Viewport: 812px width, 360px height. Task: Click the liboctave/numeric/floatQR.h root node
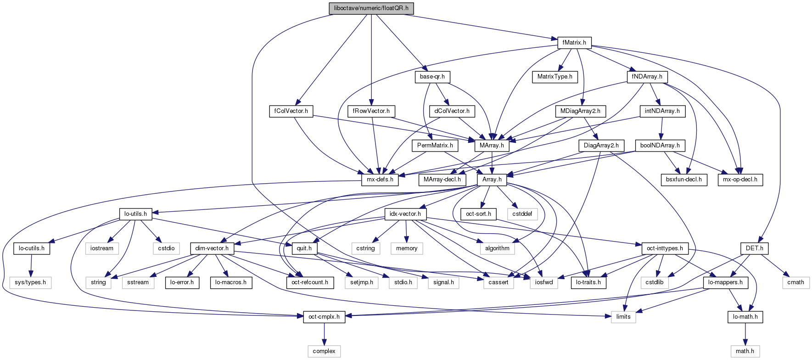tap(371, 8)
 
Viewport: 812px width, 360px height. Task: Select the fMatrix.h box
tap(574, 43)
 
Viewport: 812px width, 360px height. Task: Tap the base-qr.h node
tap(432, 77)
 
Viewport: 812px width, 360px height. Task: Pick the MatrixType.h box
tap(554, 77)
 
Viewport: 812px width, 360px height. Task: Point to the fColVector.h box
tap(291, 111)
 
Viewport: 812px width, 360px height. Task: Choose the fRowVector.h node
tap(371, 111)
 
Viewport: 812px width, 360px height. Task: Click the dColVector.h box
tap(452, 111)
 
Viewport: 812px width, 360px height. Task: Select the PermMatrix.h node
tap(435, 146)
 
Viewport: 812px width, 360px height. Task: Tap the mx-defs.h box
tap(380, 180)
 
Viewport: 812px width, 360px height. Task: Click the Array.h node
tap(492, 180)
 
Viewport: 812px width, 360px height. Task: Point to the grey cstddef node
tap(522, 214)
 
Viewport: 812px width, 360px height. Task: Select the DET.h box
tap(755, 248)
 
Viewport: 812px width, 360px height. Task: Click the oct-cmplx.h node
tap(324, 317)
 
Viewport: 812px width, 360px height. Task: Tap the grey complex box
tap(324, 351)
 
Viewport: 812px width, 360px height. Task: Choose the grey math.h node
tap(745, 351)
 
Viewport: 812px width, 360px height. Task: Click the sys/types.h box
tap(30, 282)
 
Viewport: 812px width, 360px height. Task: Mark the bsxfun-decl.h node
tap(684, 180)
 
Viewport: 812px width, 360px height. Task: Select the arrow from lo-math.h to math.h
tap(745, 334)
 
